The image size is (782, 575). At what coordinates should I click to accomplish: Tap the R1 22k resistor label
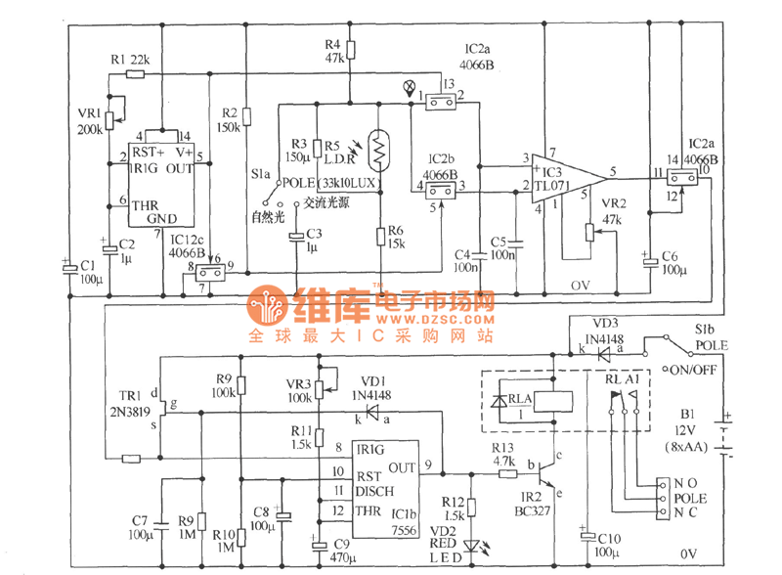[130, 60]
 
